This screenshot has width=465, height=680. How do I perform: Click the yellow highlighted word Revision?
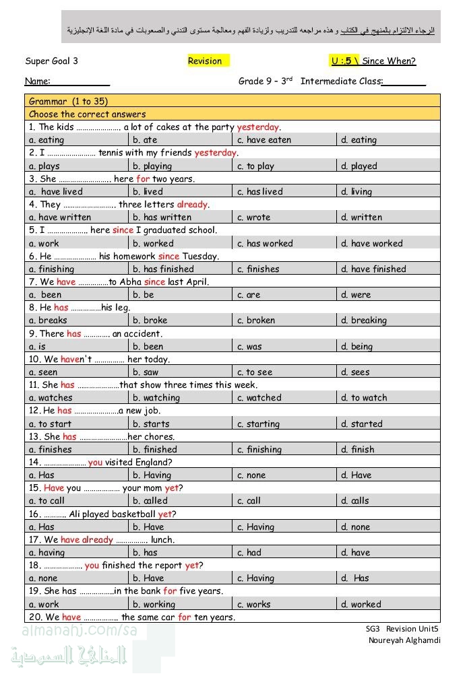(x=205, y=61)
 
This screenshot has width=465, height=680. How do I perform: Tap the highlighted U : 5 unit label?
(x=344, y=61)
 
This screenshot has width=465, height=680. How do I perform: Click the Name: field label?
(x=38, y=81)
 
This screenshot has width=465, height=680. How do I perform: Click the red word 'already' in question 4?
(x=192, y=205)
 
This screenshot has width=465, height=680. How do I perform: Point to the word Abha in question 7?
(x=129, y=282)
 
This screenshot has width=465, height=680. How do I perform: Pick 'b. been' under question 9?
(x=148, y=347)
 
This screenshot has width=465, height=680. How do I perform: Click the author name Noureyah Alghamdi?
(x=404, y=640)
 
